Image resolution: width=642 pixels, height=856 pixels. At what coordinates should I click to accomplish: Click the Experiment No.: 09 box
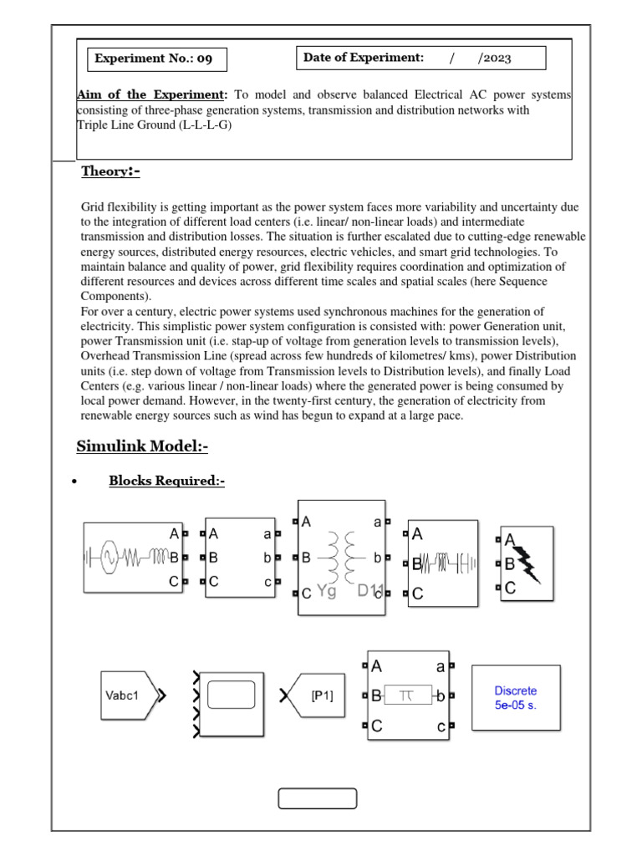click(x=156, y=59)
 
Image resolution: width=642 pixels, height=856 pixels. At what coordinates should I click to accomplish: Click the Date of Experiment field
click(x=420, y=58)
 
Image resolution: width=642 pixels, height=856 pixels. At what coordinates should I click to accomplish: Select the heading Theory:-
click(x=110, y=171)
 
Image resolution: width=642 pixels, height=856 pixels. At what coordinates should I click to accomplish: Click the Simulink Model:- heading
click(x=142, y=446)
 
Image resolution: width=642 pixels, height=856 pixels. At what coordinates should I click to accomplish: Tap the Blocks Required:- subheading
click(x=166, y=481)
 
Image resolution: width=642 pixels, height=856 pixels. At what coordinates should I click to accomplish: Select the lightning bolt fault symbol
click(x=530, y=563)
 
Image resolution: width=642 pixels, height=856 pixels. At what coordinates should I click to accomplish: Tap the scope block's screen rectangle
click(x=231, y=695)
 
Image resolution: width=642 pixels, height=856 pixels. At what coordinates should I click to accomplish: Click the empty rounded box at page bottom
click(x=317, y=798)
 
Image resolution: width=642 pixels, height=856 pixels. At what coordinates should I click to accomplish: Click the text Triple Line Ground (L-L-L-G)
click(x=155, y=125)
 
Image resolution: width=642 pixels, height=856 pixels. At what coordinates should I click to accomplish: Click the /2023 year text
click(x=494, y=59)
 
